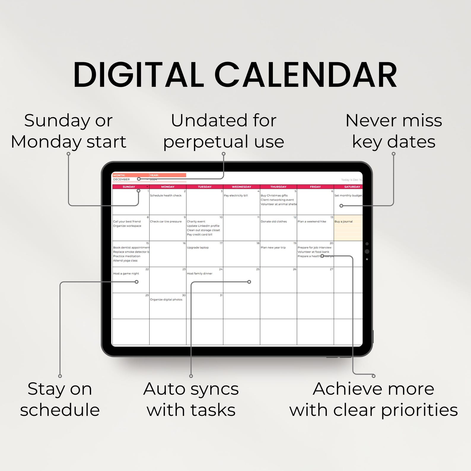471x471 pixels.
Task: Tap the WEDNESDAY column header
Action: (241, 187)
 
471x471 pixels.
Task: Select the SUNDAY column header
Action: (129, 187)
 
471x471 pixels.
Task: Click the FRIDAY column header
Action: (315, 187)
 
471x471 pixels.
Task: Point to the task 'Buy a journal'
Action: (343, 222)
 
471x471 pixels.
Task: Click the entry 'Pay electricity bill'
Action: (235, 195)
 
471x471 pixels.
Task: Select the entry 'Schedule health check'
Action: (166, 195)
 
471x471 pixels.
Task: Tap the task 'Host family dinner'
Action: (199, 273)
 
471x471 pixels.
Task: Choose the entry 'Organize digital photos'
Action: (166, 300)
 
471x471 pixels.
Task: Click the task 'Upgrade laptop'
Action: (198, 248)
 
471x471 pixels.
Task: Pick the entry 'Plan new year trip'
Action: (273, 248)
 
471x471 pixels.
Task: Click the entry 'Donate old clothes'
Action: (273, 222)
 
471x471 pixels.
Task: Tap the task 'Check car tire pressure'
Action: (166, 222)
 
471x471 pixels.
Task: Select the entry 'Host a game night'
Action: (126, 273)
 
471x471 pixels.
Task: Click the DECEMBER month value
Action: (121, 179)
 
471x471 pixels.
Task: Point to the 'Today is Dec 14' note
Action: (351, 180)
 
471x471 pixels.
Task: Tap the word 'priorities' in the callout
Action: (419, 410)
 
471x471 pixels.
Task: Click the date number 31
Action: (221, 295)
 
